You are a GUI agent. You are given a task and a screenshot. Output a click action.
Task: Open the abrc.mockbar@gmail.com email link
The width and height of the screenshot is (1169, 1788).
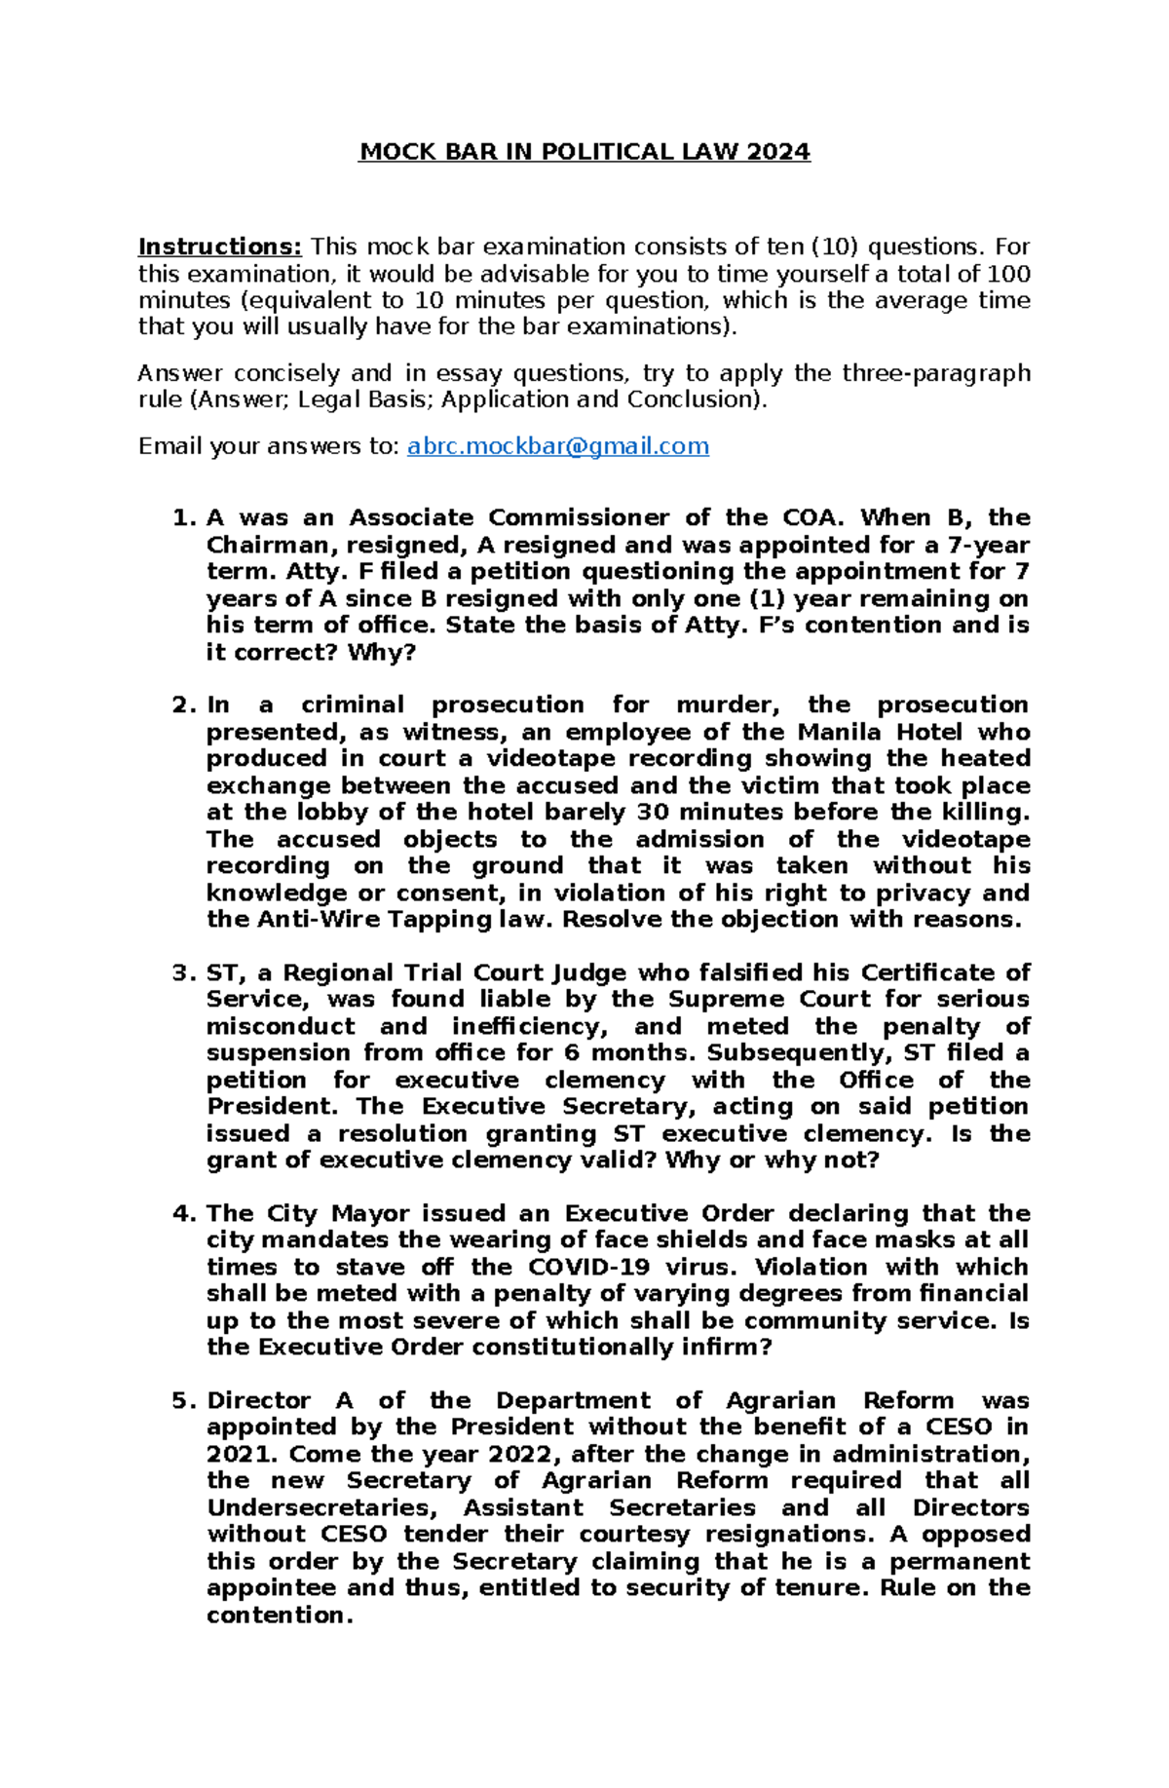tap(557, 446)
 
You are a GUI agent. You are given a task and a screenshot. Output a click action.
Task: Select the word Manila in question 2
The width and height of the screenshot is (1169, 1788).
tap(840, 732)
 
